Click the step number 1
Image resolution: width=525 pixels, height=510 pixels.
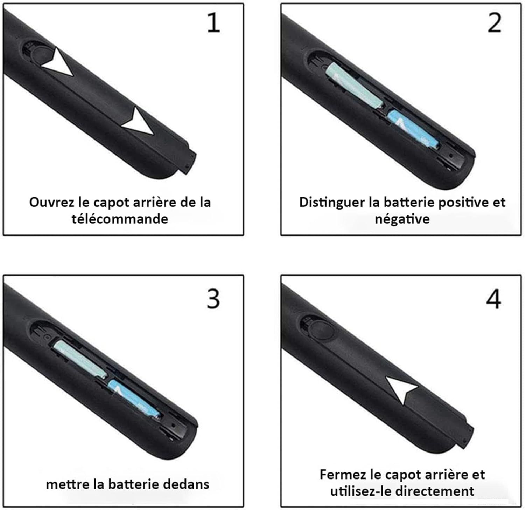pos(213,23)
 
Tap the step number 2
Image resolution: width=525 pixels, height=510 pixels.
pos(494,23)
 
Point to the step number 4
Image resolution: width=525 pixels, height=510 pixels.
pos(493,299)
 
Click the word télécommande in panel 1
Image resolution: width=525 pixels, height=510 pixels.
pos(120,219)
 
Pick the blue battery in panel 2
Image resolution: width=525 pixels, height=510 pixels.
pos(413,129)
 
